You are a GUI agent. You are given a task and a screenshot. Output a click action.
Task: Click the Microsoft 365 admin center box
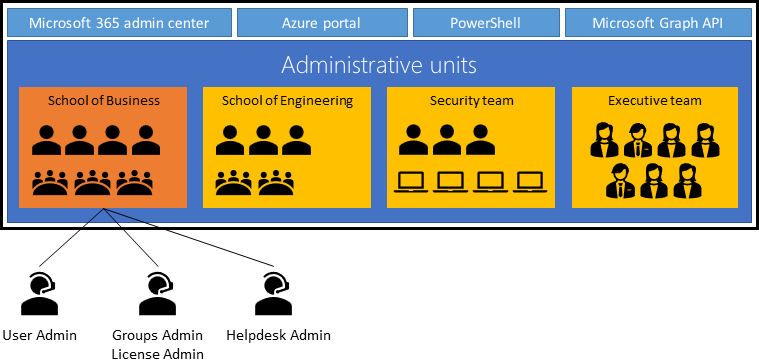click(x=119, y=22)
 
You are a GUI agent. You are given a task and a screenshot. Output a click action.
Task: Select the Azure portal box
click(x=321, y=22)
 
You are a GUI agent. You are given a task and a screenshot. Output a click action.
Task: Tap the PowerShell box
click(x=485, y=22)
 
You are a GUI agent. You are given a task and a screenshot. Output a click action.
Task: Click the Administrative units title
click(x=378, y=66)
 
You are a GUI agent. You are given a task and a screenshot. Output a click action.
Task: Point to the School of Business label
click(x=104, y=100)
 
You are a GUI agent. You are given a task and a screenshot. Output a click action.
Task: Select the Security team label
click(x=470, y=100)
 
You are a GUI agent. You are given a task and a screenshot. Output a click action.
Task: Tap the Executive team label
click(x=654, y=100)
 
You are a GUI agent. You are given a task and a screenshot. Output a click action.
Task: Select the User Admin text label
click(x=40, y=335)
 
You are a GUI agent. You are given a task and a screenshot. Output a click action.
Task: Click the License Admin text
click(x=158, y=353)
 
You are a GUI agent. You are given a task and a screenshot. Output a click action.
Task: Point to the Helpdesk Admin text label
click(x=278, y=335)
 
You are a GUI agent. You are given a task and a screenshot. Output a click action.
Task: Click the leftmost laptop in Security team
click(x=412, y=182)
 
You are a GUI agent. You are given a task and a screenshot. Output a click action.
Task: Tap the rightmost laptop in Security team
click(x=528, y=182)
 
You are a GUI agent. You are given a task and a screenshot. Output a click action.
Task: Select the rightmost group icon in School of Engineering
click(x=274, y=183)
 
